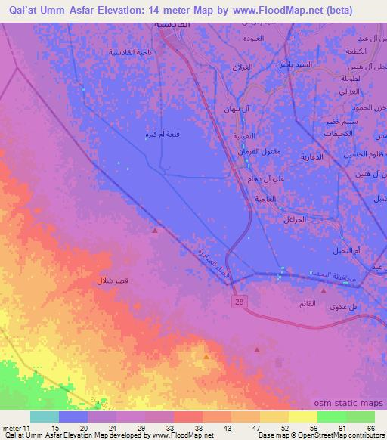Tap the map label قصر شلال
pyautogui.click(x=112, y=280)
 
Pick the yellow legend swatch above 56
pyautogui.click(x=302, y=417)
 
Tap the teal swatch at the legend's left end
pyautogui.click(x=45, y=417)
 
